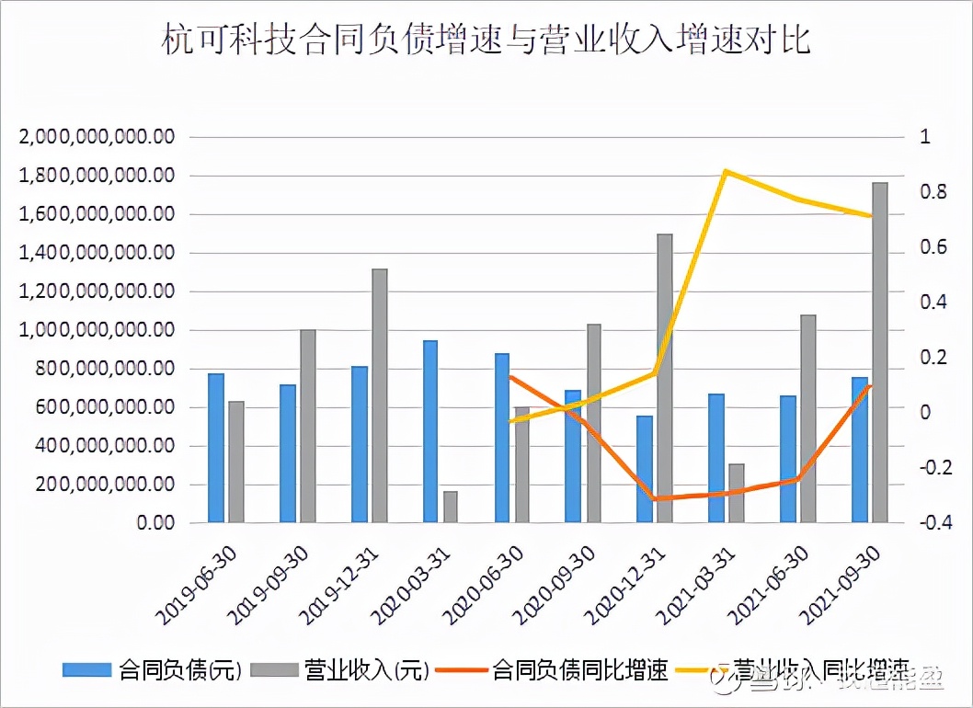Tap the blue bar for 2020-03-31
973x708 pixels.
pyautogui.click(x=430, y=431)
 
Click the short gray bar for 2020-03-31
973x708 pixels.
pyautogui.click(x=451, y=507)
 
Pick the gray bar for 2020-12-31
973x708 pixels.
pyautogui.click(x=665, y=378)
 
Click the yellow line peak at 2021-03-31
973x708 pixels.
pyautogui.click(x=726, y=171)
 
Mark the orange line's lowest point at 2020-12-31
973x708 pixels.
pyautogui.click(x=654, y=498)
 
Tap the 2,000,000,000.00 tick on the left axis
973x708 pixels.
pyautogui.click(x=96, y=137)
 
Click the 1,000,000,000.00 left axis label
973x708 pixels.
pyautogui.click(x=96, y=330)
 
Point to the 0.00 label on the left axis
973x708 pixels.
pyautogui.click(x=153, y=523)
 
